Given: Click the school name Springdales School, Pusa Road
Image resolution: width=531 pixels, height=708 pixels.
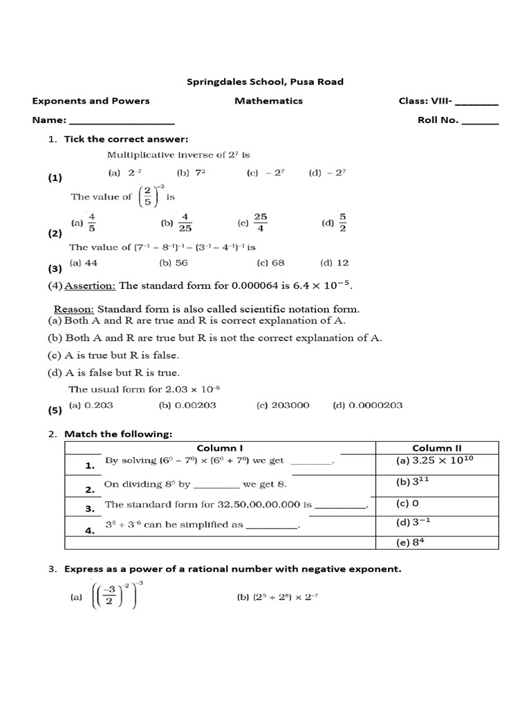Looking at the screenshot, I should (265, 82).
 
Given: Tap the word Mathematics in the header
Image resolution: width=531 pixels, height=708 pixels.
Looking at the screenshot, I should (268, 101).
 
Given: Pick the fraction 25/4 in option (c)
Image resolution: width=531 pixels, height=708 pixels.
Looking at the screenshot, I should (261, 223).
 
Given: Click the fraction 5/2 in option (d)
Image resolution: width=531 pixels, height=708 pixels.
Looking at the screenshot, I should (342, 223).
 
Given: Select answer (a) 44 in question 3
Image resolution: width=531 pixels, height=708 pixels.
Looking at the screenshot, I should (84, 263).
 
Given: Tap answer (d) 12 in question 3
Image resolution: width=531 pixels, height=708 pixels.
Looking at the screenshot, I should (334, 263).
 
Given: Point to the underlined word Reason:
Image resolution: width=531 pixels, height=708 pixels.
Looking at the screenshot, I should (75, 309).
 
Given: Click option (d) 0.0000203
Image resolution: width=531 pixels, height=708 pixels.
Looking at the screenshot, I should (367, 406).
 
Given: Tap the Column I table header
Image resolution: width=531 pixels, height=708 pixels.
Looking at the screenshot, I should (219, 448).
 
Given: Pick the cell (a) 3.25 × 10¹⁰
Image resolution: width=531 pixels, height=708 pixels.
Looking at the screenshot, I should (436, 461).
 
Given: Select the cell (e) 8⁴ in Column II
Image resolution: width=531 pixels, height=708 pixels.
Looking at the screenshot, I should (409, 543).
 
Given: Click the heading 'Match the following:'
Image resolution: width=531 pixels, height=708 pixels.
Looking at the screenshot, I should (118, 434).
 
